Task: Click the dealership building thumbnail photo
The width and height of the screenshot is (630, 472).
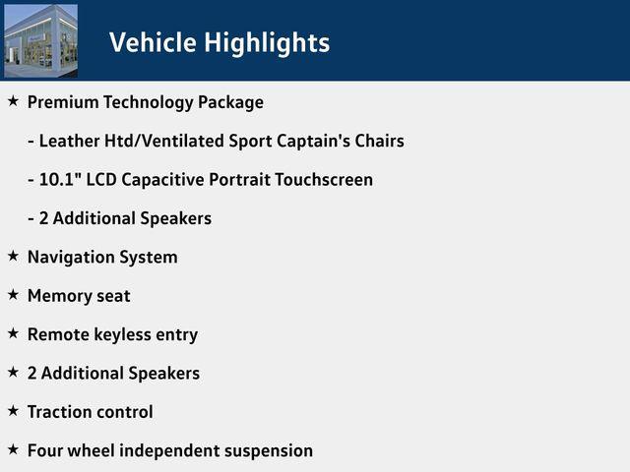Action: [40, 40]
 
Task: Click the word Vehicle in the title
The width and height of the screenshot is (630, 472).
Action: [153, 42]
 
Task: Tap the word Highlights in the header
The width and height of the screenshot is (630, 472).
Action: [267, 43]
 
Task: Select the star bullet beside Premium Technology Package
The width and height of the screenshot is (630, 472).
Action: [13, 100]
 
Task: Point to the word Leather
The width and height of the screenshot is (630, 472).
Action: [70, 141]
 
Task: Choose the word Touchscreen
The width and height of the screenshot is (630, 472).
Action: [324, 179]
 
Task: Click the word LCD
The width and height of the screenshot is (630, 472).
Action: [101, 179]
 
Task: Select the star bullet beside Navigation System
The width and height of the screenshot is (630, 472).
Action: [13, 256]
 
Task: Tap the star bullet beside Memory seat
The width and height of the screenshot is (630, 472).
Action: [13, 295]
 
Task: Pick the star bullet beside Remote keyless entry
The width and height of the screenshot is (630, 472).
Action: [13, 333]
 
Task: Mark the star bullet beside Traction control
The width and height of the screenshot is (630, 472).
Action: [13, 411]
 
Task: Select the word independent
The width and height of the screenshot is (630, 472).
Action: [169, 450]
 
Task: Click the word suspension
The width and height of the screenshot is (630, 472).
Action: [269, 451]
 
